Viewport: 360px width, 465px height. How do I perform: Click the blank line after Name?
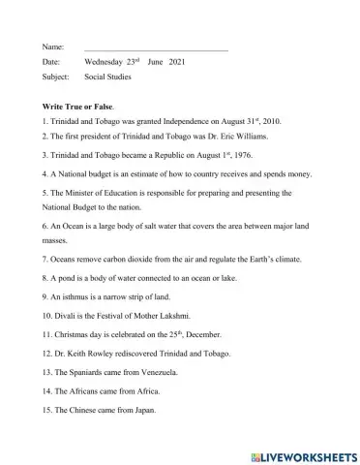tap(156, 47)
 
